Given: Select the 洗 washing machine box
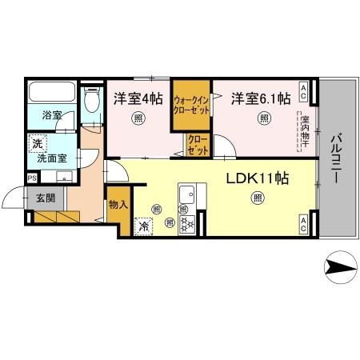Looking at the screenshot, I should click(x=36, y=145).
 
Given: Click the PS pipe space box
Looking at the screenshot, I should click(x=32, y=178).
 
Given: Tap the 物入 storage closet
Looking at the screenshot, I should click(x=117, y=205).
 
